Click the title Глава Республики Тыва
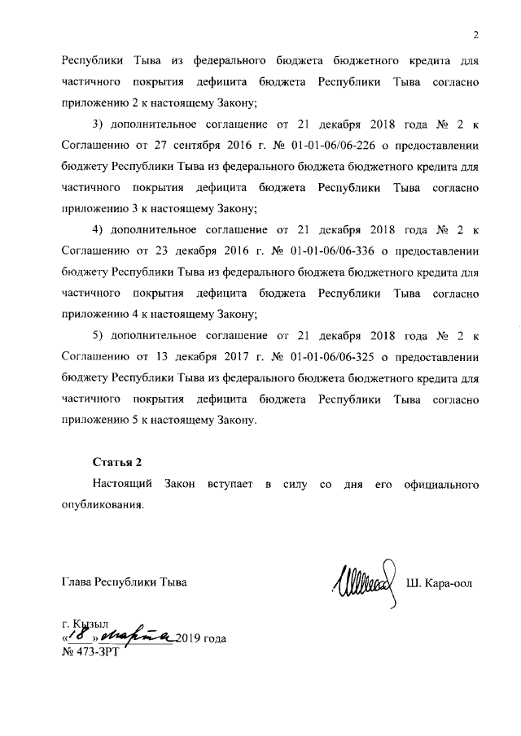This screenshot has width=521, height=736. pos(124,582)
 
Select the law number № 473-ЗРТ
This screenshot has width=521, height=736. pos(90,652)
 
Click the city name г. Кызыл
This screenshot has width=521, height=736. pos(85,623)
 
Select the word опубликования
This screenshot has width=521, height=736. pos(102,505)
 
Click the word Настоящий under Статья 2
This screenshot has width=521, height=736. pos(125,484)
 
